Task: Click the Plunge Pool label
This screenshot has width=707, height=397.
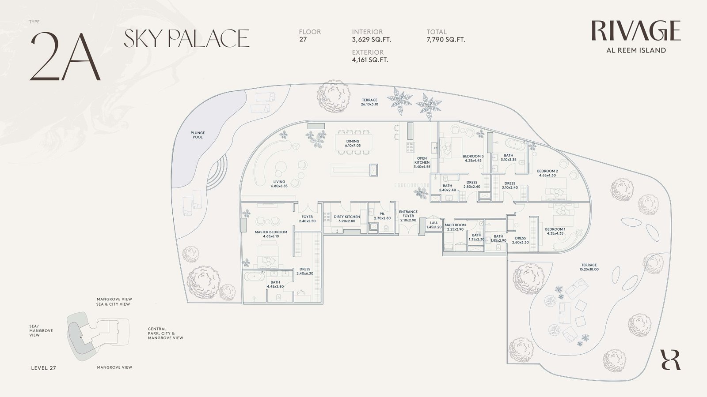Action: coord(198,135)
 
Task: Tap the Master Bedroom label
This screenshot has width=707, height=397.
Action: coord(271,234)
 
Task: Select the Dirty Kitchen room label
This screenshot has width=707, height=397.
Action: coord(346,219)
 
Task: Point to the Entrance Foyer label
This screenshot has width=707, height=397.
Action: coord(408,216)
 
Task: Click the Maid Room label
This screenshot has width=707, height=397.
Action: coord(455,227)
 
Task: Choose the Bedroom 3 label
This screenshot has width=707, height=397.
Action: coord(473,158)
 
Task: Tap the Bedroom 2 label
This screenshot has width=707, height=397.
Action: coord(547,173)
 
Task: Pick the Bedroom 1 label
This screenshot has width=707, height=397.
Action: coord(555,231)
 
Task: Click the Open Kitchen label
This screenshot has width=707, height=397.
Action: coord(422,163)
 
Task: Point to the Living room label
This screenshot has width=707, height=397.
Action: coord(279,184)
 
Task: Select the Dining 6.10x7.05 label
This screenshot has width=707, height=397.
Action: coord(353,143)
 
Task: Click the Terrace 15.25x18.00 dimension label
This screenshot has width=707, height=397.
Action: coord(589,267)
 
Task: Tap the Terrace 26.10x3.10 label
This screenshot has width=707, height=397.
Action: coord(369,102)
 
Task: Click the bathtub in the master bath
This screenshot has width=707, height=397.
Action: coord(255,276)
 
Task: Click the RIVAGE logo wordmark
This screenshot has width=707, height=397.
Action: coord(636,31)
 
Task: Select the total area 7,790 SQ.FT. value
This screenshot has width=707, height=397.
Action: coord(446,40)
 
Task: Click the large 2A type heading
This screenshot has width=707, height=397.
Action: coord(65,56)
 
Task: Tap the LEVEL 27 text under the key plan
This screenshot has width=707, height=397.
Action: coord(44,368)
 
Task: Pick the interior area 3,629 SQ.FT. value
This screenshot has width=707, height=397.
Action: coord(372,40)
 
